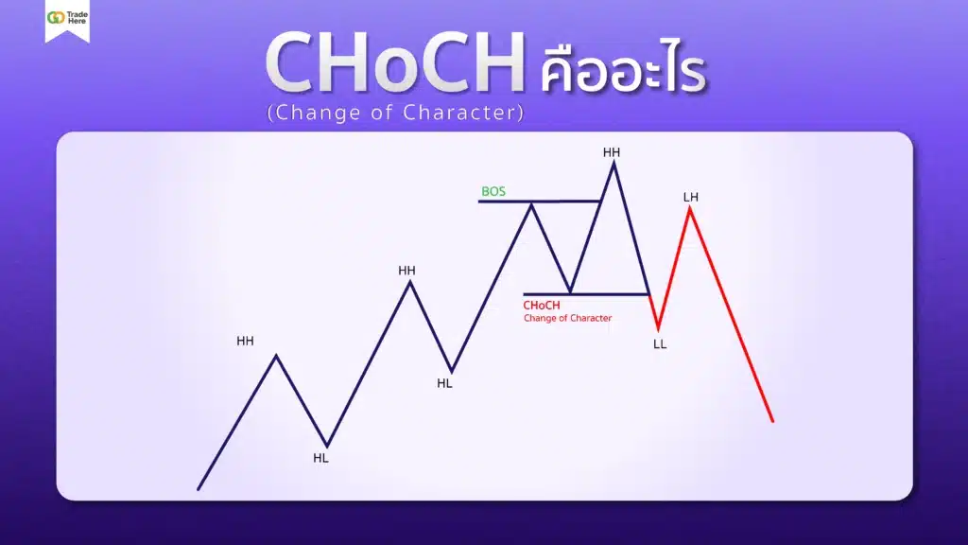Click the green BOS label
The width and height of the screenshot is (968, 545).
point(493,191)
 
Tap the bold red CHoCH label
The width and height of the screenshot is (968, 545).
point(542,306)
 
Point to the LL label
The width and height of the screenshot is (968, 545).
point(660,344)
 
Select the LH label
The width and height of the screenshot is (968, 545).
point(690,197)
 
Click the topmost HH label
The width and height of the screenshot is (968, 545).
point(613,151)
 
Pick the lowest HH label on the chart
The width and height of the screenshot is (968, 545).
point(245,341)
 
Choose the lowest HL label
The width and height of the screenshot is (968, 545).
point(321,458)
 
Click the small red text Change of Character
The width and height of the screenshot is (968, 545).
point(567,318)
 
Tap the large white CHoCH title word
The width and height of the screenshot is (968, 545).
point(394,66)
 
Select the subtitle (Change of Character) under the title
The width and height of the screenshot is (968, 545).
point(395,112)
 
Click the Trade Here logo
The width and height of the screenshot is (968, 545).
point(67,20)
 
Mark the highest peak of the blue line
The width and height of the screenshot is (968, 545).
point(614,163)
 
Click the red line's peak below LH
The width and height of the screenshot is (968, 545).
point(690,208)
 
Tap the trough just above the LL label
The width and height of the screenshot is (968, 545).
point(658,328)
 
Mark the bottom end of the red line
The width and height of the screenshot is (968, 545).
point(772,421)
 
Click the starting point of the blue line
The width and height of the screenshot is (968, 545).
point(199,489)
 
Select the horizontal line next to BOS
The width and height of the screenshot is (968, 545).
point(539,202)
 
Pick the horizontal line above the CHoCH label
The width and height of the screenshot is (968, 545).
point(586,294)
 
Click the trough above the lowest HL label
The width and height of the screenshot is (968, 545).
point(327,445)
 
